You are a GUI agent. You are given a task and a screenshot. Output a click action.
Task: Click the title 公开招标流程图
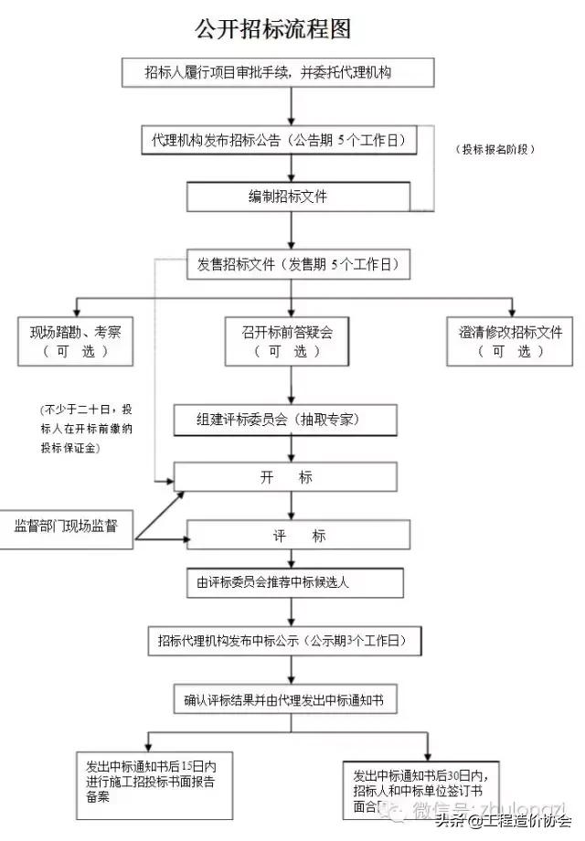click(x=273, y=28)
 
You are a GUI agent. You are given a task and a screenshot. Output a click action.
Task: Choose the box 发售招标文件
click(x=297, y=264)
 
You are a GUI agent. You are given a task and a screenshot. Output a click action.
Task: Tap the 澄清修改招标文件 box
click(x=511, y=341)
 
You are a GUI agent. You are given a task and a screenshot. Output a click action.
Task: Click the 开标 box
click(x=285, y=477)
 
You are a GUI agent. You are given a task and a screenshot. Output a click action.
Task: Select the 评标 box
click(x=292, y=535)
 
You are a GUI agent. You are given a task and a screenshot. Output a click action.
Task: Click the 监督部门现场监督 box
click(x=65, y=526)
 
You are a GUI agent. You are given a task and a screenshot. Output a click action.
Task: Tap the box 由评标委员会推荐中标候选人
click(x=294, y=582)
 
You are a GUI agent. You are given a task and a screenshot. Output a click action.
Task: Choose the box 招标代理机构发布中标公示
click(x=283, y=641)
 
